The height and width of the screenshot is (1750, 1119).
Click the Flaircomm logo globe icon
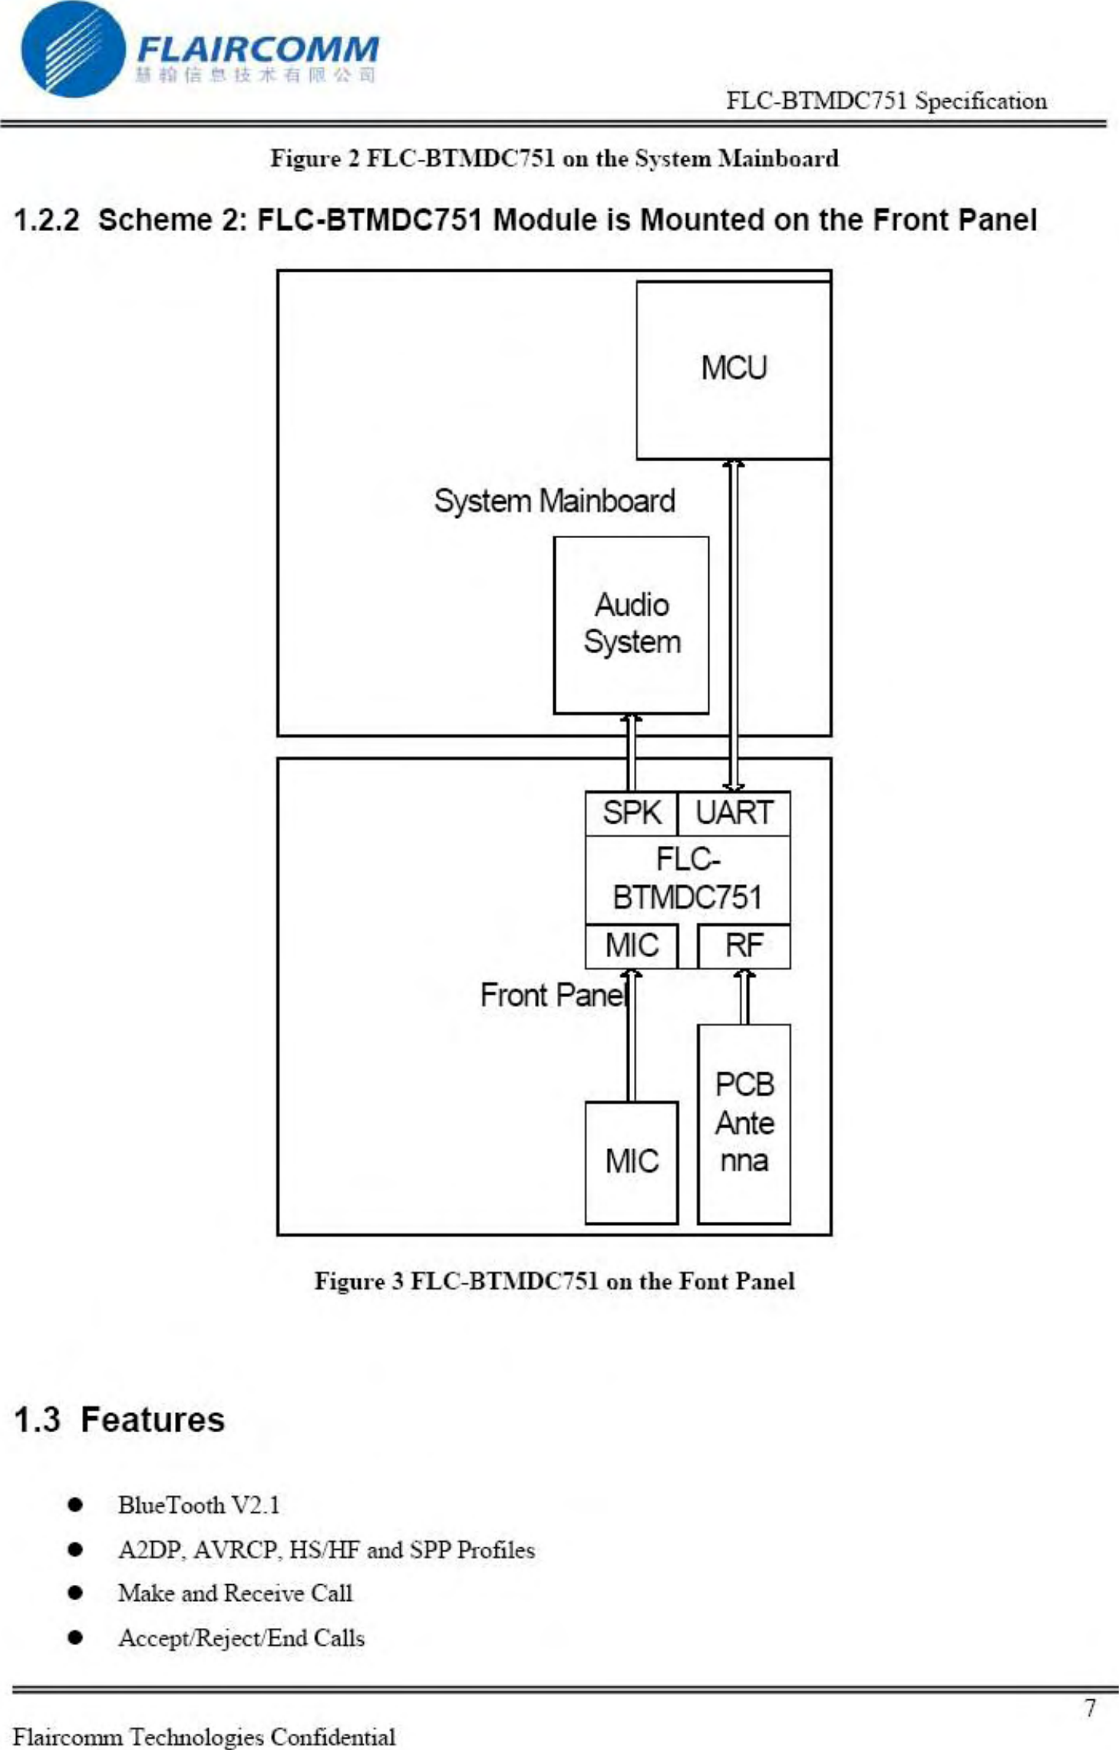tap(73, 50)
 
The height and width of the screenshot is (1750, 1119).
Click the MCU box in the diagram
tap(733, 369)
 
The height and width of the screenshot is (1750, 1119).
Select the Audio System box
tap(631, 624)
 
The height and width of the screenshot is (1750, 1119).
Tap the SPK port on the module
tap(631, 813)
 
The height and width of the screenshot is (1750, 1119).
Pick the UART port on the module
tap(734, 813)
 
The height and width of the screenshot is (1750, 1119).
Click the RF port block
tap(744, 946)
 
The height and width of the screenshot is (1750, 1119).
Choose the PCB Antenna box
tap(744, 1123)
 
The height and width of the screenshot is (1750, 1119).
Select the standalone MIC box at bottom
tap(631, 1161)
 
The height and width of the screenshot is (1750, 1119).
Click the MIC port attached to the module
tap(631, 946)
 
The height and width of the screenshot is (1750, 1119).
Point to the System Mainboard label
tap(554, 501)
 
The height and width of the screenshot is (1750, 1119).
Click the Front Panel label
tap(553, 996)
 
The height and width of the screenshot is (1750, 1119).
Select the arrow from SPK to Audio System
tap(631, 752)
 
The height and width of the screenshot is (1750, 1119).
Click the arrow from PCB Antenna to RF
tap(744, 996)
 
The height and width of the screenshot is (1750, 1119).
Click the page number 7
tap(1090, 1708)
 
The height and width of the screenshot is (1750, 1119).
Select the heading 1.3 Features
tap(120, 1419)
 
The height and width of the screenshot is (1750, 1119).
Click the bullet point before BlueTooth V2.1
tap(74, 1504)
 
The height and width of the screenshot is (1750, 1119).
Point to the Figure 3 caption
tap(554, 1281)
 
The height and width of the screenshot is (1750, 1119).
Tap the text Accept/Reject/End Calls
tap(241, 1638)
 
